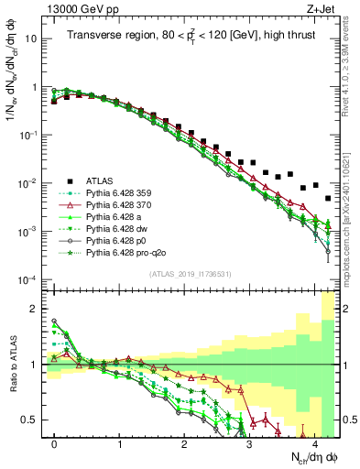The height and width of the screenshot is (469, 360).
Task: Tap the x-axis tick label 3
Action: [x=250, y=443]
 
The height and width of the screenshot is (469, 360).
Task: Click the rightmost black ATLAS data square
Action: [x=327, y=197]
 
